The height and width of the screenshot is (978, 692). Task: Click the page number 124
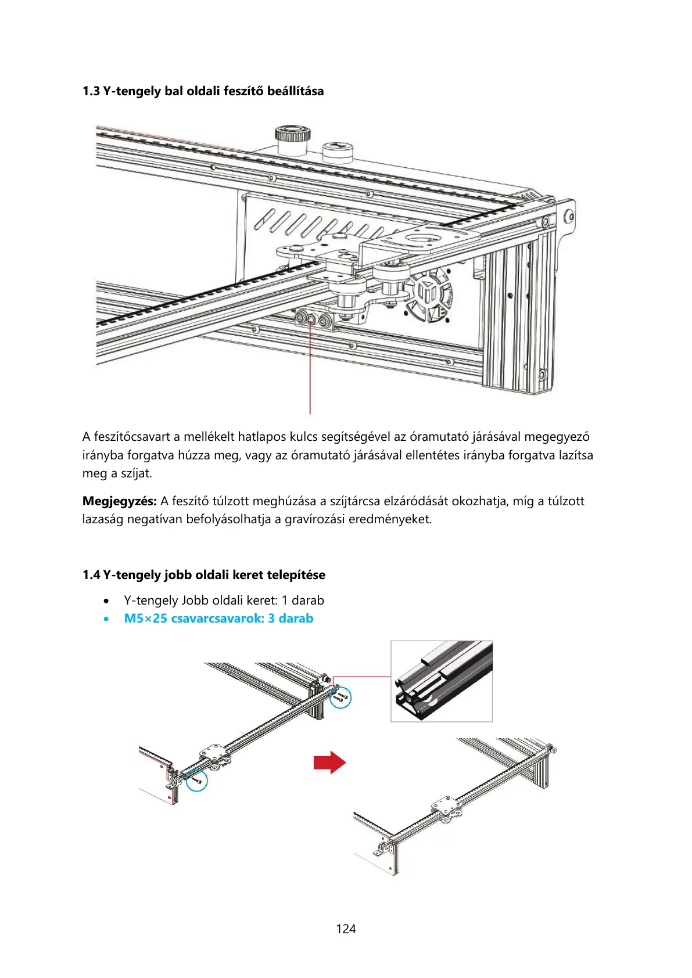coord(346,929)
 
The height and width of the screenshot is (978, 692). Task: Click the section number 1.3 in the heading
coord(91,91)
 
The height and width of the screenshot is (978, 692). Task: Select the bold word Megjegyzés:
coord(119,501)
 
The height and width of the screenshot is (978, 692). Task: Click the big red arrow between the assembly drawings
coord(329,762)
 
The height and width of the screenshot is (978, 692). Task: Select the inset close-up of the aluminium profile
coord(441,681)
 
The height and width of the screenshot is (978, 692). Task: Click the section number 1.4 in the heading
coord(91,575)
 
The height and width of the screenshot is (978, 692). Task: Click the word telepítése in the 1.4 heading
coord(296,575)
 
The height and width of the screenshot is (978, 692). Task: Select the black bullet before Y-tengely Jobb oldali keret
coord(106,601)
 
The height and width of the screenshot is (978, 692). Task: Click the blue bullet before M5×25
coord(106,619)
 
